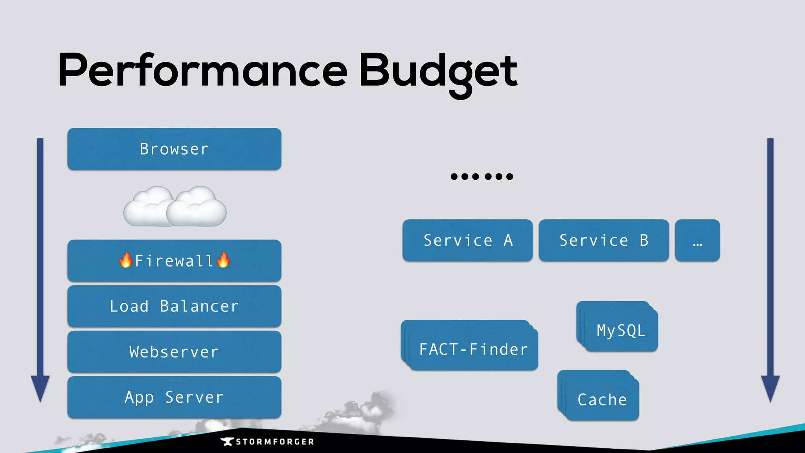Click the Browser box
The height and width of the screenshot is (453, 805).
click(x=174, y=149)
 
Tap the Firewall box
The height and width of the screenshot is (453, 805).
click(x=174, y=261)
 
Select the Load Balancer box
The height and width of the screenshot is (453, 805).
click(x=174, y=306)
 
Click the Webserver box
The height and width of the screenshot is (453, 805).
click(x=174, y=352)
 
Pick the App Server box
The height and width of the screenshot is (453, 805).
click(x=174, y=397)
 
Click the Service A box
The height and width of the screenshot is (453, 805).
click(x=467, y=240)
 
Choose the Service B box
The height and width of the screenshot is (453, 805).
click(x=603, y=240)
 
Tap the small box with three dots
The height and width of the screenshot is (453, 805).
click(x=697, y=240)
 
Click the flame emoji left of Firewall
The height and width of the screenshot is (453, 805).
click(x=126, y=260)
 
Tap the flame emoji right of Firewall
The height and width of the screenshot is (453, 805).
click(x=223, y=260)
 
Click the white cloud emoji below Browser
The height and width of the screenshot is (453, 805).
click(x=175, y=207)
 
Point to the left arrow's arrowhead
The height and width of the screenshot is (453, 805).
click(x=40, y=387)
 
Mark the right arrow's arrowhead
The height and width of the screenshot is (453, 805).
click(x=770, y=387)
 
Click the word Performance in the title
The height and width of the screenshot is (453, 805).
click(x=202, y=71)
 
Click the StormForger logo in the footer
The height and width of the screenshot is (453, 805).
click(x=267, y=442)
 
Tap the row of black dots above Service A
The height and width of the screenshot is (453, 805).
click(x=482, y=177)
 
